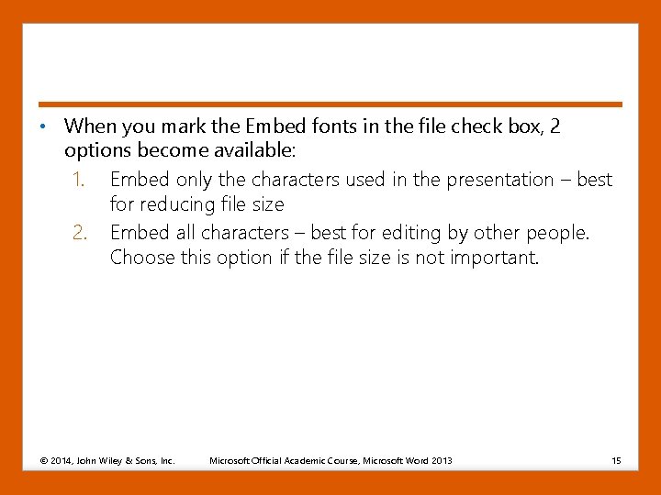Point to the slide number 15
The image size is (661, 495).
pos(616,459)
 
